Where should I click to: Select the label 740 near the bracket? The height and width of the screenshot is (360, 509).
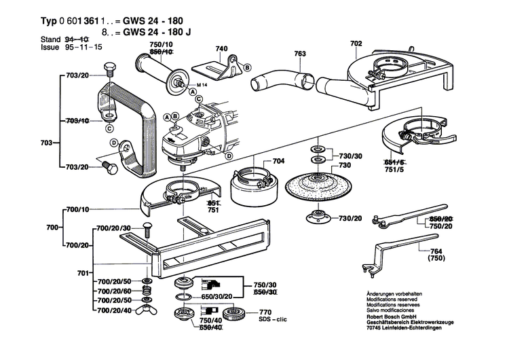click(x=222, y=49)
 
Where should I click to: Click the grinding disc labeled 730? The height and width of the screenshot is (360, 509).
click(x=314, y=187)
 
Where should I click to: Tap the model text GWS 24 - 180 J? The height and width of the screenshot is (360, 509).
click(x=155, y=31)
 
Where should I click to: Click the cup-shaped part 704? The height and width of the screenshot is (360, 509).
click(x=252, y=184)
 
